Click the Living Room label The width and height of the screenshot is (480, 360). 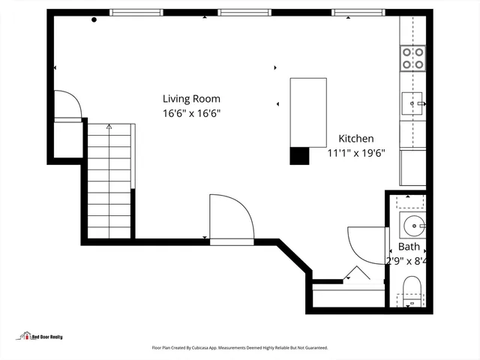pyautogui.click(x=191, y=98)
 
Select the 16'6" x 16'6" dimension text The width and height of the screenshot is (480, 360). pyautogui.click(x=191, y=114)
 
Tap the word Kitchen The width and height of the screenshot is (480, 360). pyautogui.click(x=355, y=139)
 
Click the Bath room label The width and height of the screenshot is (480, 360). pyautogui.click(x=409, y=246)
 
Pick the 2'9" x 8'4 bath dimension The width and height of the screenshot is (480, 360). pyautogui.click(x=406, y=261)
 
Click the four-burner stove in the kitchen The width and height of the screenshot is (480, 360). pyautogui.click(x=412, y=58)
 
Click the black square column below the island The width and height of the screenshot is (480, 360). pyautogui.click(x=299, y=155)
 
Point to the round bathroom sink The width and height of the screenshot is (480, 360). pyautogui.click(x=412, y=224)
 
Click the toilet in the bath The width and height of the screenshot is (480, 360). pyautogui.click(x=412, y=290)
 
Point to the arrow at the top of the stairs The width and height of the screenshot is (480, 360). pyautogui.click(x=109, y=127)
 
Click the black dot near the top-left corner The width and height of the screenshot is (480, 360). pyautogui.click(x=94, y=19)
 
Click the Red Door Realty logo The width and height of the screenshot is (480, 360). pyautogui.click(x=42, y=337)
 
